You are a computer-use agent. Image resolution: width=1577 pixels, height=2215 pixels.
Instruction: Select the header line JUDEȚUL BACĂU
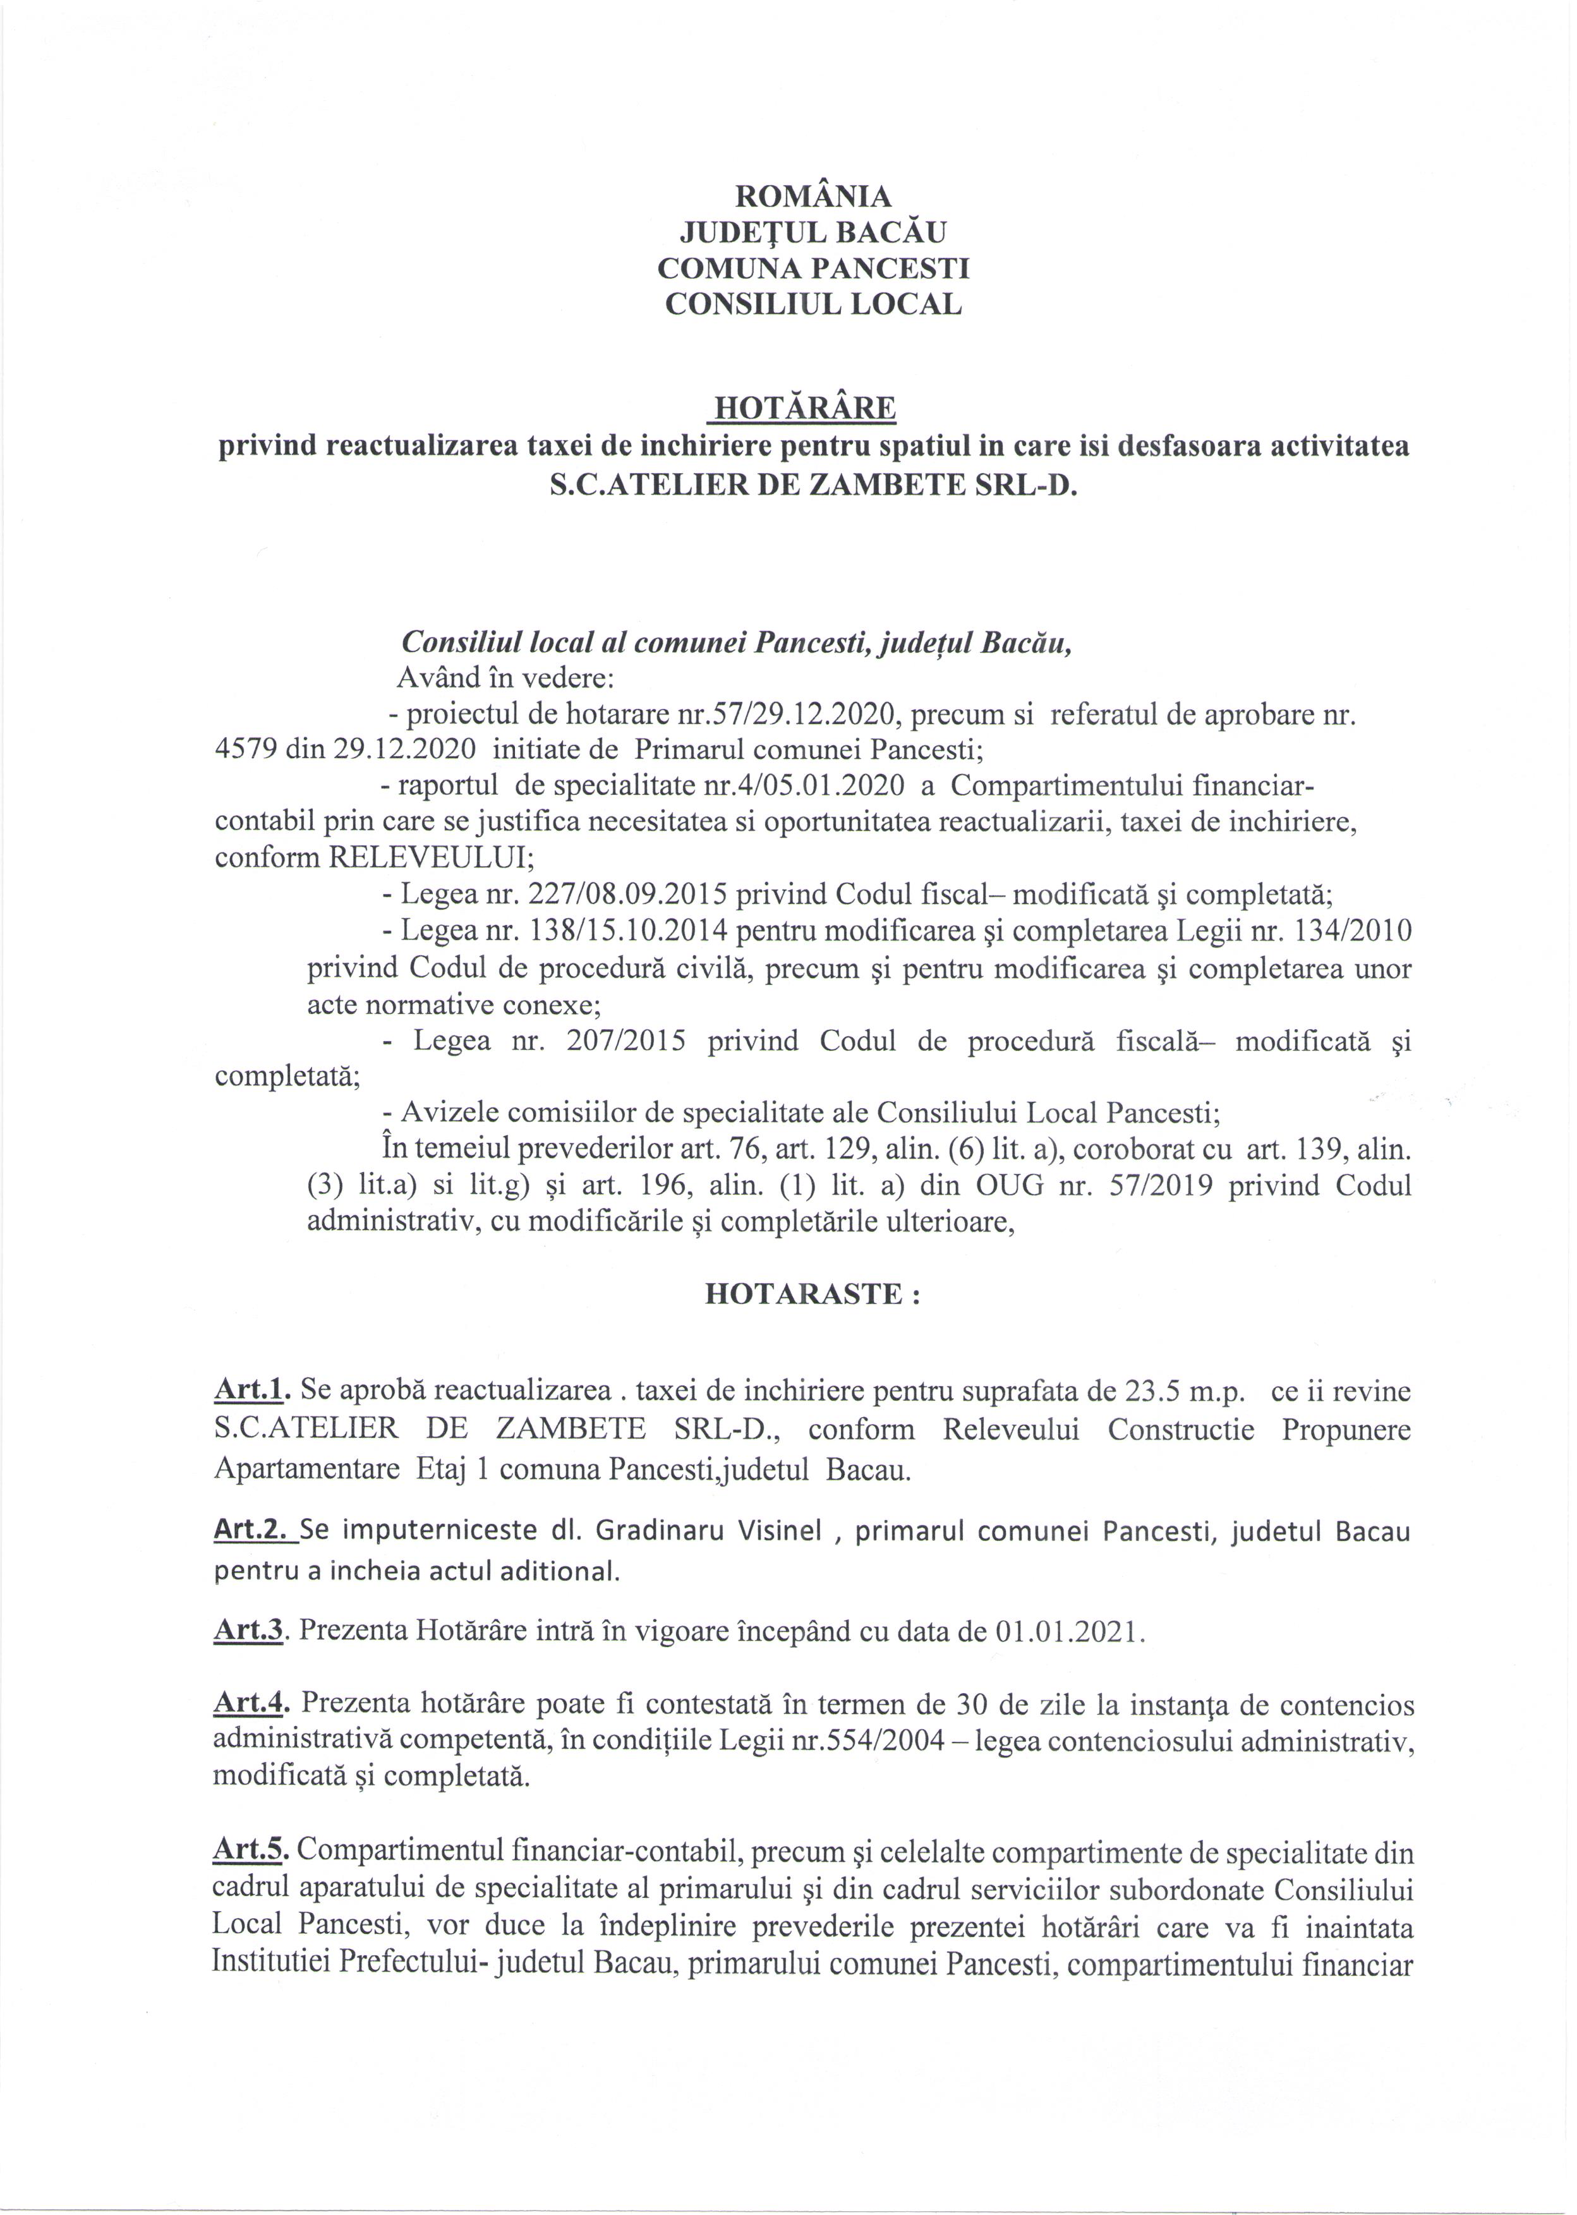pos(813,232)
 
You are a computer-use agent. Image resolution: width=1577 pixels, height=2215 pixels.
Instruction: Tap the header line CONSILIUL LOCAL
pos(813,304)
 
